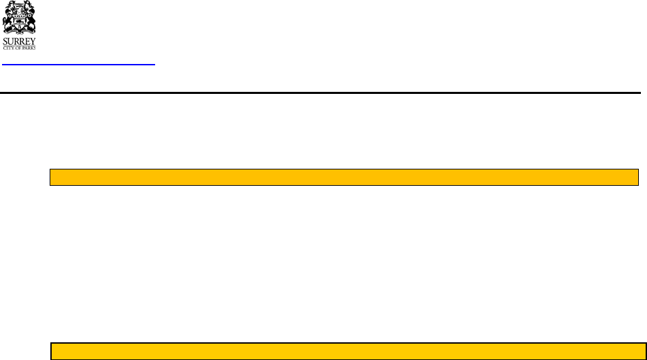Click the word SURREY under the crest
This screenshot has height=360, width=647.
tap(20, 40)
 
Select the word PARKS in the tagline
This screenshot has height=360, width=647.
tap(30, 48)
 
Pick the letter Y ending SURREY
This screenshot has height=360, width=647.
tap(34, 40)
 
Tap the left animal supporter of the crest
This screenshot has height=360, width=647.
tap(9, 17)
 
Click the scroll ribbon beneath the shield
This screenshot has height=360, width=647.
tap(20, 31)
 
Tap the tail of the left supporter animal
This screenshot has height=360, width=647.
tap(5, 24)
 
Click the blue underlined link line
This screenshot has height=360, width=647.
tap(79, 65)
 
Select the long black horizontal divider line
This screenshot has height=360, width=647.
tap(320, 93)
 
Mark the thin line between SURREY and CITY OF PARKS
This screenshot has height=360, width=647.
tap(20, 45)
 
